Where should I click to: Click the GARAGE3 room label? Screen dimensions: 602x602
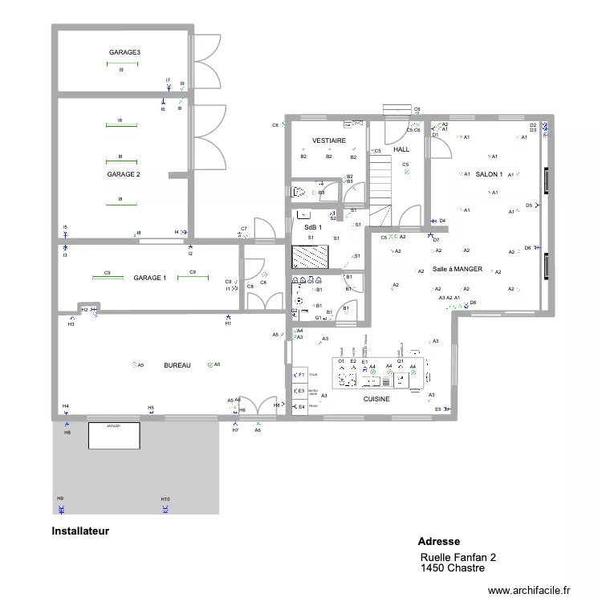pos(124,53)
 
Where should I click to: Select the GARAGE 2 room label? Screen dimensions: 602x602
pos(124,174)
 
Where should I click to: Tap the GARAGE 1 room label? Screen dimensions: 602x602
pos(150,278)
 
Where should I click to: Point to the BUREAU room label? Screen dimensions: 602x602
pos(177,365)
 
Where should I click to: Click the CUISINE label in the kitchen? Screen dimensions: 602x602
pos(376,399)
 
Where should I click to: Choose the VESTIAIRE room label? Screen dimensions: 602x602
pos(329,140)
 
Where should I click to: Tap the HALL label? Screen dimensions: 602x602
pos(401,149)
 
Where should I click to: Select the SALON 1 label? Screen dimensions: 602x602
pos(489,174)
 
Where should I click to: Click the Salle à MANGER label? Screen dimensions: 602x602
pos(458,270)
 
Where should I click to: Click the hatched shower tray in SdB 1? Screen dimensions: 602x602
pos(311,257)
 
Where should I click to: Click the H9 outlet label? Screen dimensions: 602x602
pos(60,498)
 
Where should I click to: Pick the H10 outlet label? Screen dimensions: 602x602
pos(165,498)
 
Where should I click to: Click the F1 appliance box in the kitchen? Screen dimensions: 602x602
pos(300,375)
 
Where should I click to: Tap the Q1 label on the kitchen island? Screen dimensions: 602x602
pos(400,362)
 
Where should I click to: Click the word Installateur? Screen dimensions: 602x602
pos(80,531)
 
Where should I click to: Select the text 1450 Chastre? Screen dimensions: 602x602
pos(452,568)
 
